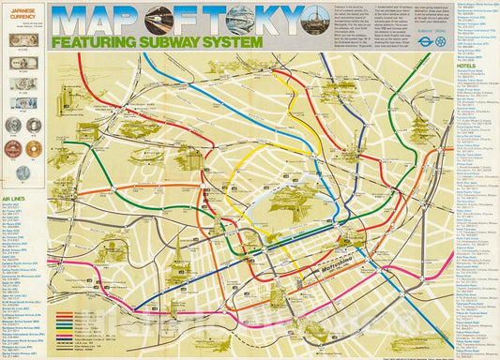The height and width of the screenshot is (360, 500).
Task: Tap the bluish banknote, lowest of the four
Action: pos(23,103)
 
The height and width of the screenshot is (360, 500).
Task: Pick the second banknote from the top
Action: pos(23,66)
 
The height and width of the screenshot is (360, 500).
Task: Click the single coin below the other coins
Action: pos(23,172)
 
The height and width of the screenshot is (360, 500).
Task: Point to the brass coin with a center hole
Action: pos(34,148)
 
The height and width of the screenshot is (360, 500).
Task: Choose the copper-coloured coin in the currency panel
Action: pos(13,148)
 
